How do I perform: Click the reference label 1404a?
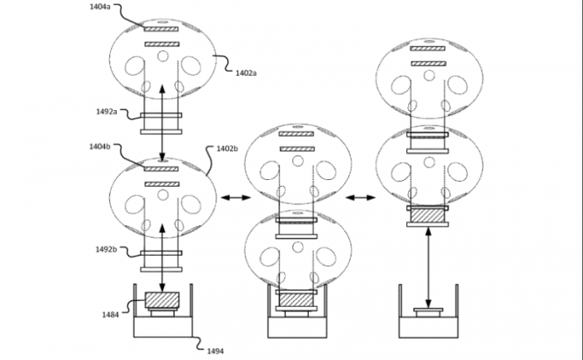100,7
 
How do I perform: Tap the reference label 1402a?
246,72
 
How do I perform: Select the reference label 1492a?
107,111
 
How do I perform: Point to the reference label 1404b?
100,147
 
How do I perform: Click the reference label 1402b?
227,149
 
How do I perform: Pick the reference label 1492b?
106,249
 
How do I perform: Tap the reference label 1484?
111,315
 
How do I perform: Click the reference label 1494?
215,351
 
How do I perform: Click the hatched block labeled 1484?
162,300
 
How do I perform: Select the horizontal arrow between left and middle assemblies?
236,197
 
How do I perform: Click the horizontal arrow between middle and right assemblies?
361,197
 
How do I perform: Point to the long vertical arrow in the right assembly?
428,267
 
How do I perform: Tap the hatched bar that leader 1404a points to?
162,29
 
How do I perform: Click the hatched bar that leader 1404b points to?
162,169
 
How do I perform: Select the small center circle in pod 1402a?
163,56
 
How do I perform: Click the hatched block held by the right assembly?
427,216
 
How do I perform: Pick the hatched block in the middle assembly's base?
296,300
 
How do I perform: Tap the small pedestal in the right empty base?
428,312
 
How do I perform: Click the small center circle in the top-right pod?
429,76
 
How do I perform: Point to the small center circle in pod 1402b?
163,195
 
